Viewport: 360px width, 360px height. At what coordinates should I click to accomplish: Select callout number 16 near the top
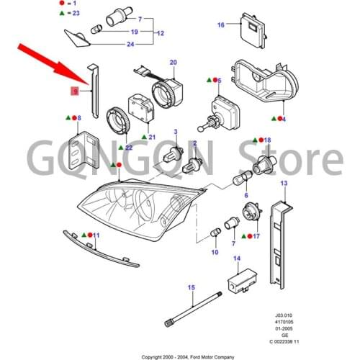(221, 24)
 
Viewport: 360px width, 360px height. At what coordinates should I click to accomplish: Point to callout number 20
(173, 63)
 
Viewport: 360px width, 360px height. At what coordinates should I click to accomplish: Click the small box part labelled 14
(242, 281)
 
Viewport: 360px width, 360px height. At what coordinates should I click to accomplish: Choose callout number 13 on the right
(284, 184)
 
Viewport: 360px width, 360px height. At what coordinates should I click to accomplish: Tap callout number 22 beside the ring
(129, 148)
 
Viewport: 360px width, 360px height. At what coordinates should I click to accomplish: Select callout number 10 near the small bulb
(214, 253)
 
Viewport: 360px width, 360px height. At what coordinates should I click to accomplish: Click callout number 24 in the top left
(130, 45)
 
